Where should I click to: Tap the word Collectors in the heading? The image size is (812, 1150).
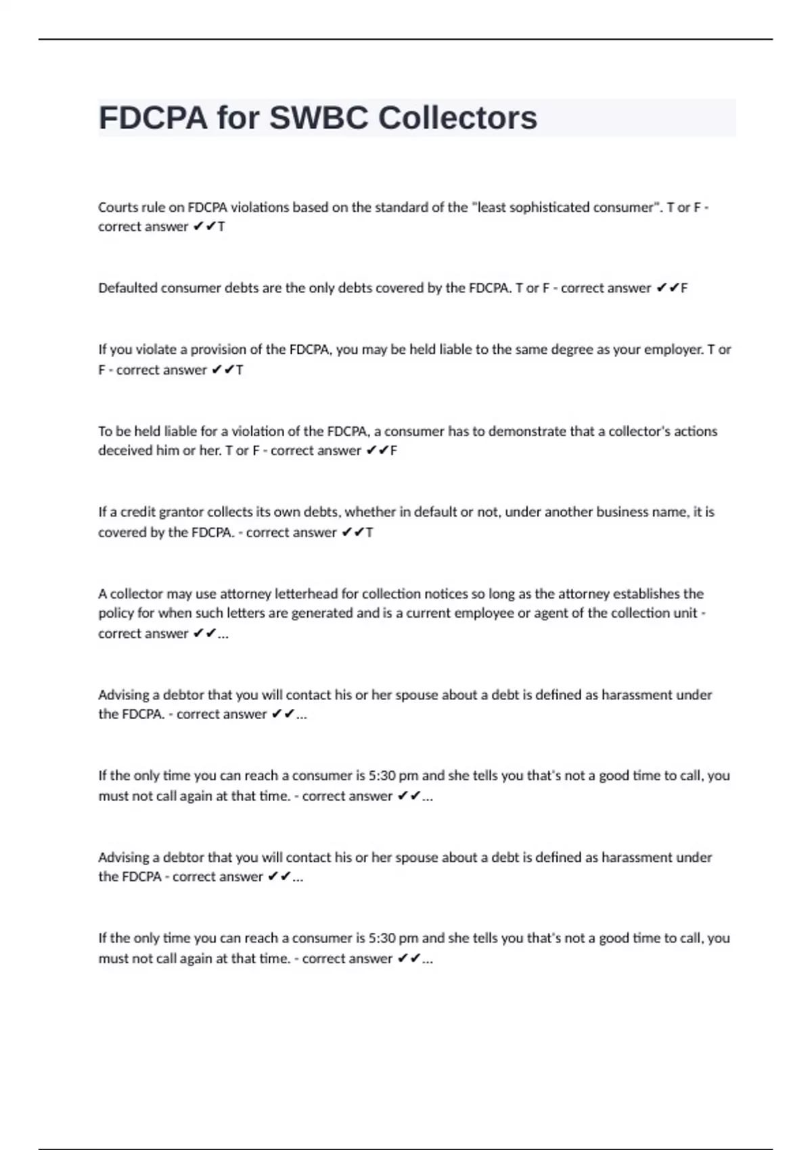pos(457,118)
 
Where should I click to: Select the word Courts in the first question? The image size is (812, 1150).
pos(117,208)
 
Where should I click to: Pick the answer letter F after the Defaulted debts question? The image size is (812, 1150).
pos(684,288)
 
